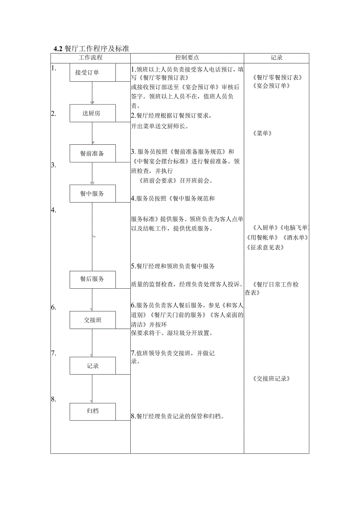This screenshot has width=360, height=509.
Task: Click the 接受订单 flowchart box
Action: [x=93, y=72]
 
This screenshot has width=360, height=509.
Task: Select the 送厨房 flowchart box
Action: [x=93, y=113]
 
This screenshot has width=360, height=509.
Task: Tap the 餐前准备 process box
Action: [x=93, y=153]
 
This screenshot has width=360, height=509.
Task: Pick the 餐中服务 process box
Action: [x=93, y=194]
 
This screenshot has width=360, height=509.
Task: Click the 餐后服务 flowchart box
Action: [x=93, y=279]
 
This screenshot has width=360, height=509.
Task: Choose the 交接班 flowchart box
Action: [x=93, y=320]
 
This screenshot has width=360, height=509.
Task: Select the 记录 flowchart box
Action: [x=93, y=366]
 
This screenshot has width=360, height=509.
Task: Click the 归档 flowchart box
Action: [x=93, y=411]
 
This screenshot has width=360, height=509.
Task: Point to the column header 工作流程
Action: [x=90, y=58]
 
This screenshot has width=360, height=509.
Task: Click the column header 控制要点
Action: [x=187, y=58]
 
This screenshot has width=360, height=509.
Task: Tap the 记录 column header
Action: [x=277, y=58]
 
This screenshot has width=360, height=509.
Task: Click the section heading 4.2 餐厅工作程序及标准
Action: [x=92, y=49]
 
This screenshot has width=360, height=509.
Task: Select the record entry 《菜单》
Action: [x=263, y=133]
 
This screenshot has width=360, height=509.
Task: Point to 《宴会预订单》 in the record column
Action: [x=271, y=86]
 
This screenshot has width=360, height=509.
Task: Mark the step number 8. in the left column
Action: [x=54, y=399]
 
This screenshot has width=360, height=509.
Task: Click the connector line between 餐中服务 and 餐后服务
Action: [x=92, y=236]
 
